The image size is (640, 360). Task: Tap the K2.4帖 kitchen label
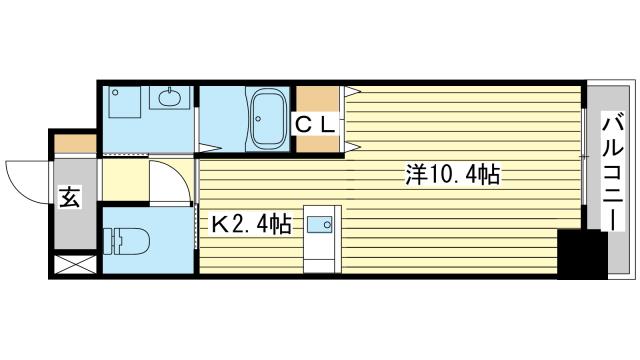[x=249, y=225]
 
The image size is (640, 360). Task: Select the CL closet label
[x=319, y=124]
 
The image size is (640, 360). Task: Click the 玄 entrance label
[x=70, y=197]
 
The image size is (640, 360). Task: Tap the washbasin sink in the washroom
[x=168, y=97]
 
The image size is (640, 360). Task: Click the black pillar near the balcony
[x=583, y=255]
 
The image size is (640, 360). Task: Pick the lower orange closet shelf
[x=319, y=143]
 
